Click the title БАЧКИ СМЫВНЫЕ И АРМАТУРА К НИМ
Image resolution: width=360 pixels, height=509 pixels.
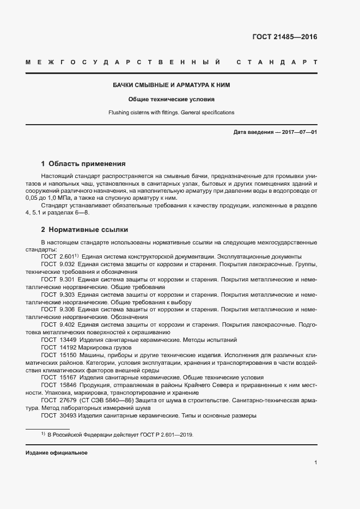[172, 86]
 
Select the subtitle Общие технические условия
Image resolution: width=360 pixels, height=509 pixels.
[172, 100]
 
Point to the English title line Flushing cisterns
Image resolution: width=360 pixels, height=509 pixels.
[172, 113]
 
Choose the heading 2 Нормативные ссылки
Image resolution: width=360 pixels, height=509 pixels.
[84, 229]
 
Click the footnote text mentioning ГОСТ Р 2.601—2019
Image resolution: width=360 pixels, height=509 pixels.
[120, 435]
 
